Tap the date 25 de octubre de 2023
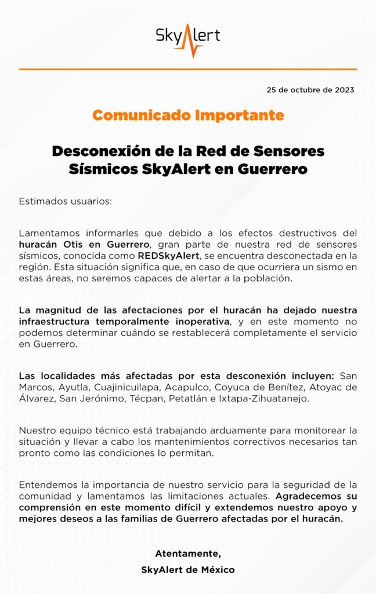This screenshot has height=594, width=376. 310,90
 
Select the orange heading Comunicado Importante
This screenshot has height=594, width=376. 188,115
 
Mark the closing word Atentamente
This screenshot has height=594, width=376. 188,553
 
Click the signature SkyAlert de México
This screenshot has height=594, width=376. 188,570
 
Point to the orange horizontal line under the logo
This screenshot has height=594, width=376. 188,69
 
